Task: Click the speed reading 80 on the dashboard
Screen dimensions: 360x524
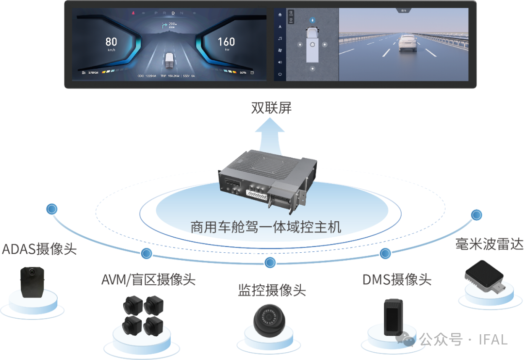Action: tap(111, 42)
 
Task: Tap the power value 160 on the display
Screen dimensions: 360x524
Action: tap(227, 42)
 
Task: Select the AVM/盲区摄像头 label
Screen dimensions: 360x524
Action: tap(148, 279)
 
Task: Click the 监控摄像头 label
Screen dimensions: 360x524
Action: tap(272, 290)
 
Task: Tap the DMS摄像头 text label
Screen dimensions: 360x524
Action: tap(397, 279)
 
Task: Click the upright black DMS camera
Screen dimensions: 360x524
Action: tap(393, 317)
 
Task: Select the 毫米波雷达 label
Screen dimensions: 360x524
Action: tap(489, 244)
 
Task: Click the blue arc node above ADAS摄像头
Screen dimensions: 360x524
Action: tap(51, 209)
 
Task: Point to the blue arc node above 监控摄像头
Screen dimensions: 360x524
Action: tap(271, 262)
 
